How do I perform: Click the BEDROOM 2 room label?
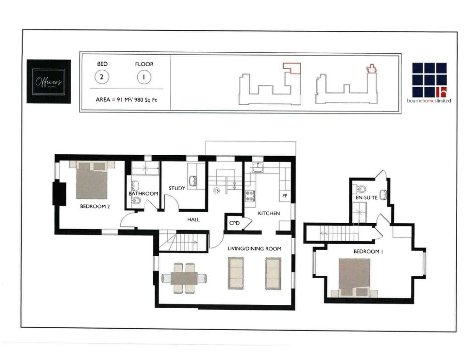[x=95, y=206]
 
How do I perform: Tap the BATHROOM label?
[x=143, y=193]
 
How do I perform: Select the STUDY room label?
[x=177, y=188]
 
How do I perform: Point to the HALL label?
[x=193, y=220]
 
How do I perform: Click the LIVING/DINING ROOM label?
[x=255, y=248]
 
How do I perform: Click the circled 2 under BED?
[x=101, y=77]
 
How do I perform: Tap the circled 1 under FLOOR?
[x=144, y=77]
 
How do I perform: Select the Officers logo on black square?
[x=49, y=82]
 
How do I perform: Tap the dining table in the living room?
[x=184, y=278]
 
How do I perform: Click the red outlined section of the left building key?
[x=292, y=68]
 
